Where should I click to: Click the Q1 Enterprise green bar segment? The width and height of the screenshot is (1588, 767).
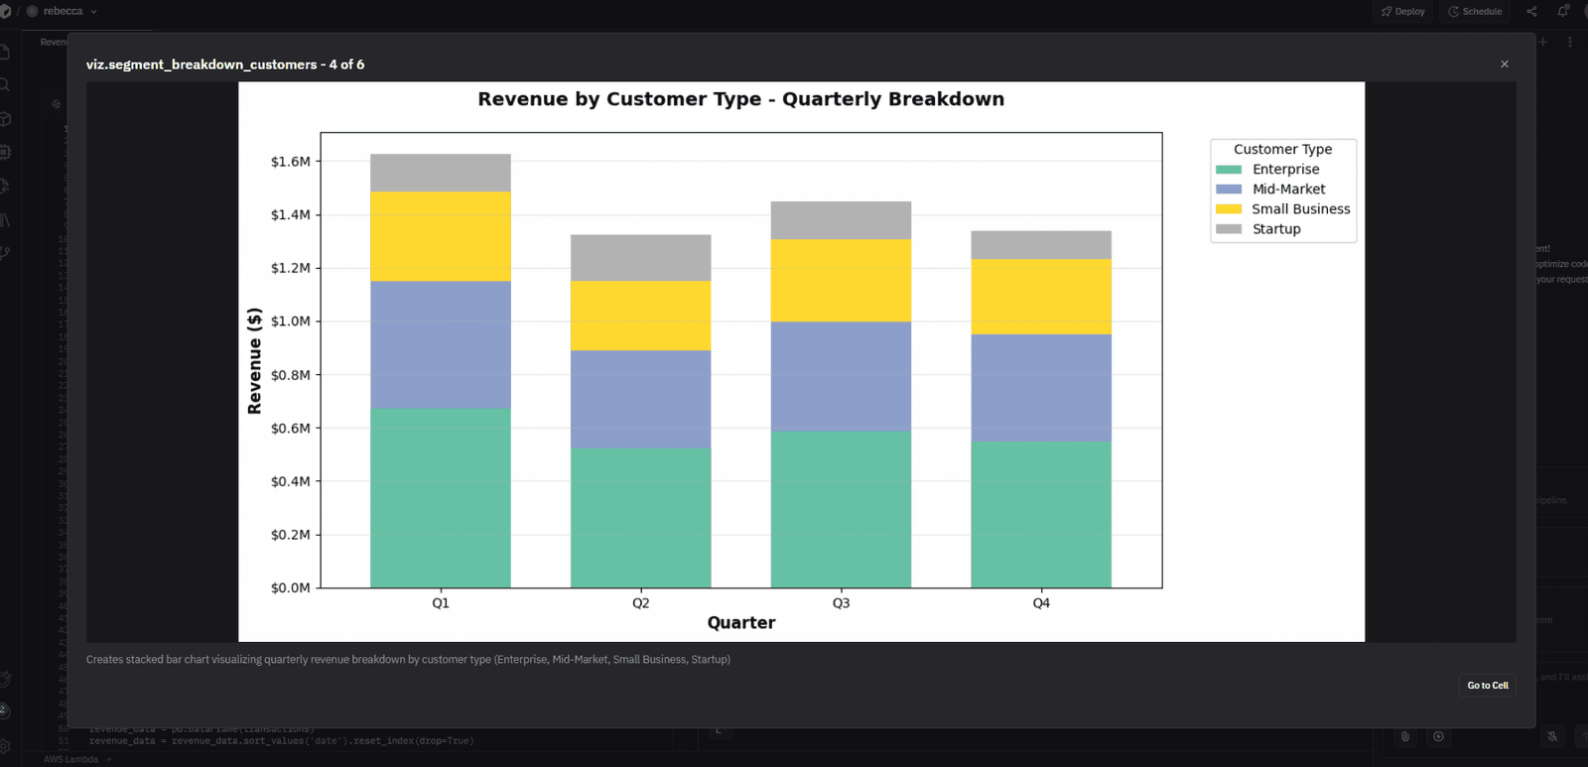[441, 497]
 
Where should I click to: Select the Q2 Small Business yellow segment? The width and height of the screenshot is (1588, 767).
[640, 316]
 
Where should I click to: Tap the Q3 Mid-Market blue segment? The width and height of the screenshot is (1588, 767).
[841, 376]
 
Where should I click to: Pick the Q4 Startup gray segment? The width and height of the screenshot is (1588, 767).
[1040, 245]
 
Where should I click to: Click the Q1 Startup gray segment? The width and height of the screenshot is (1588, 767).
[441, 173]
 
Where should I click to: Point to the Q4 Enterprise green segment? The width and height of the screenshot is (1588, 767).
[1040, 514]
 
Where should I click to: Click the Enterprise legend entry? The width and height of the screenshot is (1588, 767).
[1285, 170]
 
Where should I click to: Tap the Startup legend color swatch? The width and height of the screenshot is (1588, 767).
[1229, 229]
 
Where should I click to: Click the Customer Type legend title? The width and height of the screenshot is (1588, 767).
[1282, 149]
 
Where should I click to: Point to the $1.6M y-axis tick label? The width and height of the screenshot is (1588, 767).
[290, 162]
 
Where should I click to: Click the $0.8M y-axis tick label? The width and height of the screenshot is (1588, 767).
[290, 375]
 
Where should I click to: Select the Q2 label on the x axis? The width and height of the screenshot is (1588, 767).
[640, 603]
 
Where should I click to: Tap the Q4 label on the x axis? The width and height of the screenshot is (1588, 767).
[1040, 603]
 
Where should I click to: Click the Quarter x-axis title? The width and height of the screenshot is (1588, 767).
[741, 623]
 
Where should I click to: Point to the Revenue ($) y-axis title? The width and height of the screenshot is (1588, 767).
[255, 360]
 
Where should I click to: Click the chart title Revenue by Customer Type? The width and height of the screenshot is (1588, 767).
[740, 99]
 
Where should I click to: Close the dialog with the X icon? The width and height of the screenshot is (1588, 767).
[1505, 64]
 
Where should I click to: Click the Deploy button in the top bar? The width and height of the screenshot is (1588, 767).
[1403, 12]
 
